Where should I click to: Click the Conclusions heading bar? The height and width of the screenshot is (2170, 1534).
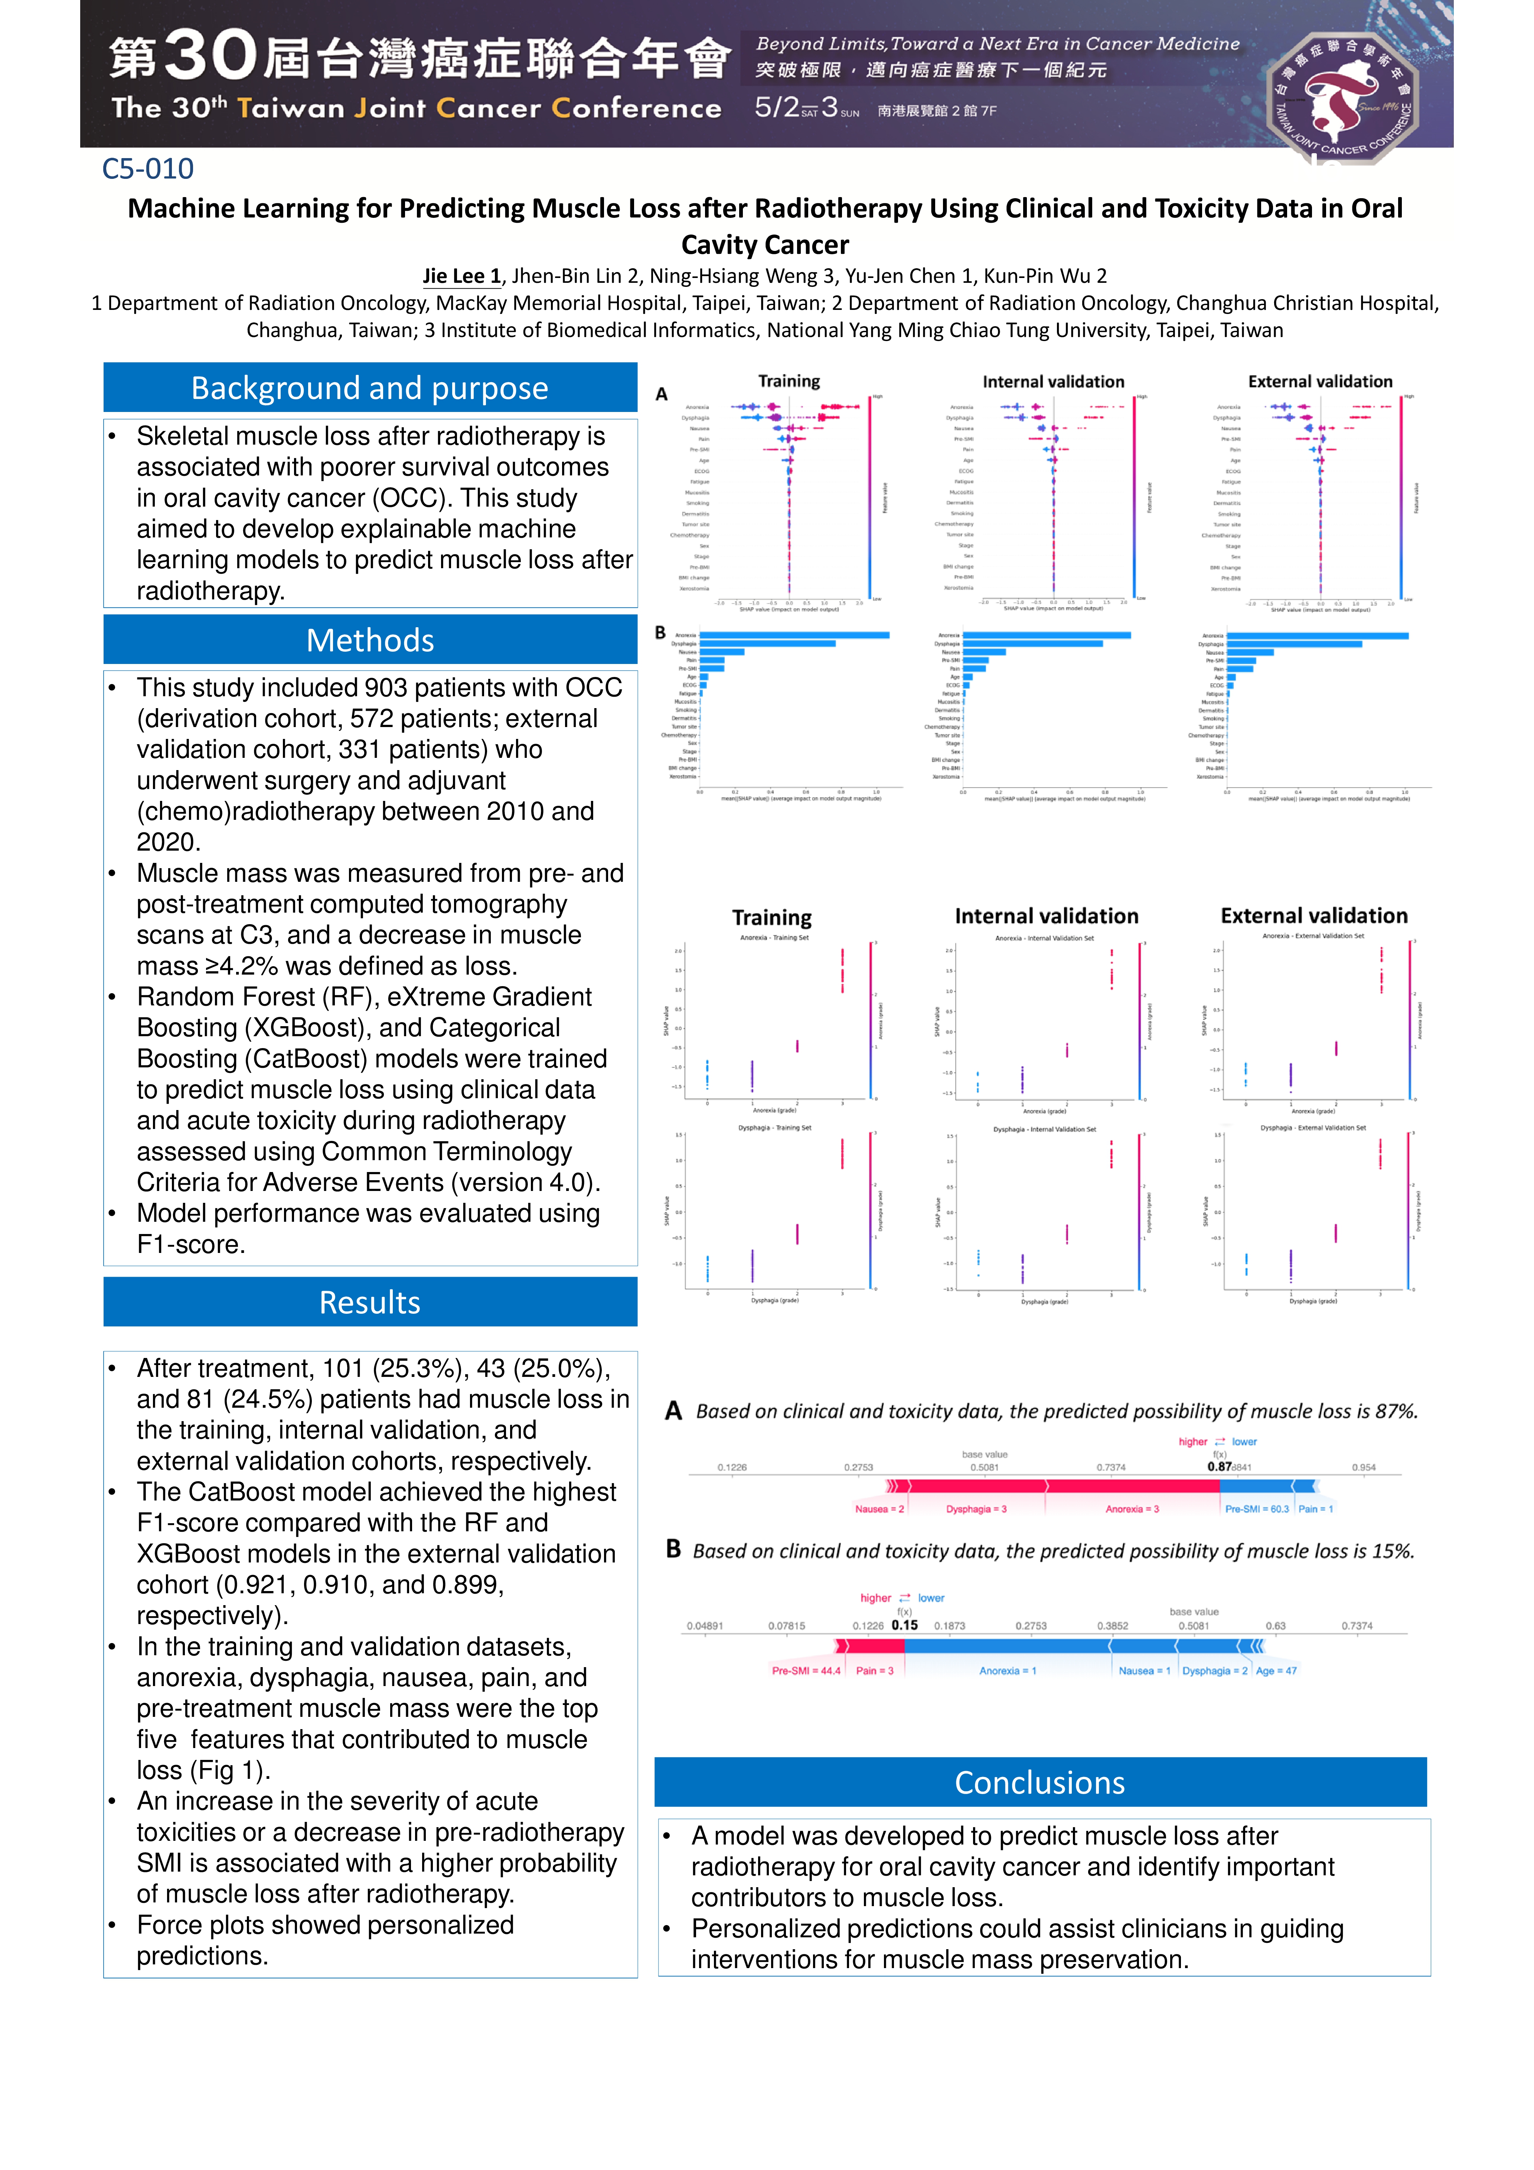1039,1783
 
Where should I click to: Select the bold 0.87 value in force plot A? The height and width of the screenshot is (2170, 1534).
1218,1467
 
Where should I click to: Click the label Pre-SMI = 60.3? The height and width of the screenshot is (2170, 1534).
1256,1509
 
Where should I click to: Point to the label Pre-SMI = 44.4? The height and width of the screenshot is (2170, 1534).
805,1671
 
